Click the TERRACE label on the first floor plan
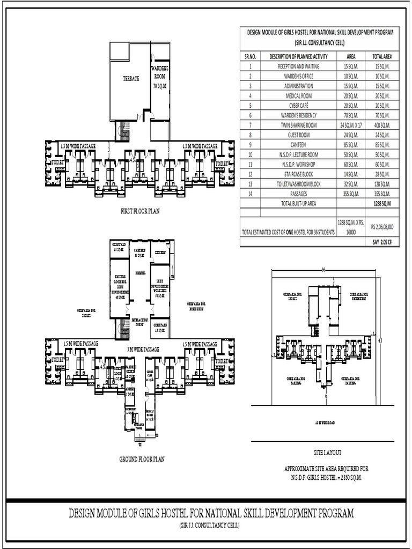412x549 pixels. pyautogui.click(x=131, y=79)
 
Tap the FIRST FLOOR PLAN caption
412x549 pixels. pyautogui.click(x=140, y=211)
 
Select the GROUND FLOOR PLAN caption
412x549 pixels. pyautogui.click(x=142, y=459)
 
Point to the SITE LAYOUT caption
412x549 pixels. pyautogui.click(x=327, y=452)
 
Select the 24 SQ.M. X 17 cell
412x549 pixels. pyautogui.click(x=351, y=125)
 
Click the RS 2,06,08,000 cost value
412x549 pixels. pyautogui.click(x=382, y=227)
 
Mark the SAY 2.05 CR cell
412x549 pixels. pyautogui.click(x=382, y=242)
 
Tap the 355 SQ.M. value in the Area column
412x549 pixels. pyautogui.click(x=351, y=194)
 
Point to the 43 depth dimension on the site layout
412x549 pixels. pyautogui.click(x=380, y=340)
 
